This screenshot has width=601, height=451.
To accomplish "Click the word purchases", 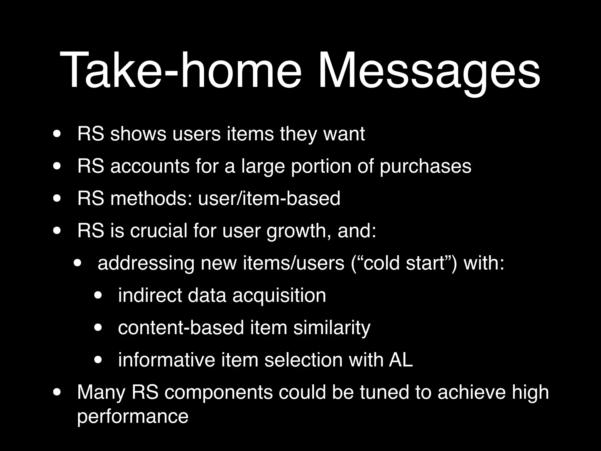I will pyautogui.click(x=425, y=166).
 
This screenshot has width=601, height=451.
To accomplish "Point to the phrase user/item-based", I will pyautogui.click(x=269, y=198).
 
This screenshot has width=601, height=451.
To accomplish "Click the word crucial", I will pyautogui.click(x=159, y=231).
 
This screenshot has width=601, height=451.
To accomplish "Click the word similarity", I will pyautogui.click(x=332, y=328).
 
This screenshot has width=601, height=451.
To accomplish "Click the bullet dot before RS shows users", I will pyautogui.click(x=57, y=134).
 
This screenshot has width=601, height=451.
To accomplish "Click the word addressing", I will pyautogui.click(x=146, y=264).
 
